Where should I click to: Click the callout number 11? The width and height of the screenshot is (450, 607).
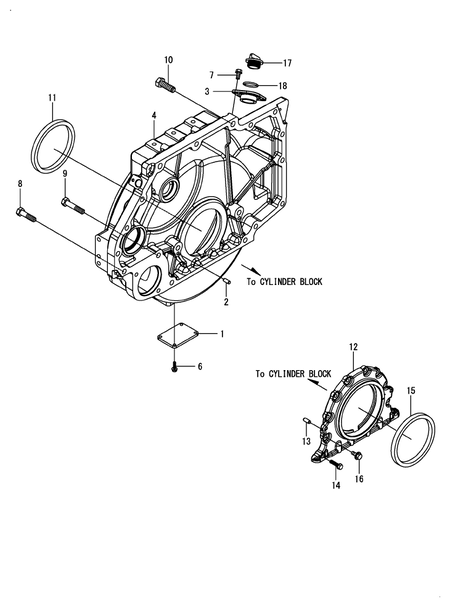pos(52,97)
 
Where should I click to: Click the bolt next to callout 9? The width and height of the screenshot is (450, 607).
pos(74,207)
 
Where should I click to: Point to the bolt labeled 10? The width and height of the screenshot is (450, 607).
pos(164,85)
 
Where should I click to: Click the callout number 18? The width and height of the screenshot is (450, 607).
pos(283,86)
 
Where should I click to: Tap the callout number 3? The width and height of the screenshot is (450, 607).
pos(207,91)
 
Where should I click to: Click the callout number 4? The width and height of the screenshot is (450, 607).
pos(154,117)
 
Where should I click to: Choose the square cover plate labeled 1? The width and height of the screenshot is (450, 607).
pos(182,337)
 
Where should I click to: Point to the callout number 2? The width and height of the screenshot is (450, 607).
pos(227,302)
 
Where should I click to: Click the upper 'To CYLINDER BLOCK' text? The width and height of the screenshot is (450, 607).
pos(291,283)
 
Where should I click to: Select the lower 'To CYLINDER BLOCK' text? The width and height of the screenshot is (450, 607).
pos(293,373)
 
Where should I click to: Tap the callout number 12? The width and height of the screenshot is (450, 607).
pos(352,347)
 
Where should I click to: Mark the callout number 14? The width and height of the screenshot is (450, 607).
pos(336,486)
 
